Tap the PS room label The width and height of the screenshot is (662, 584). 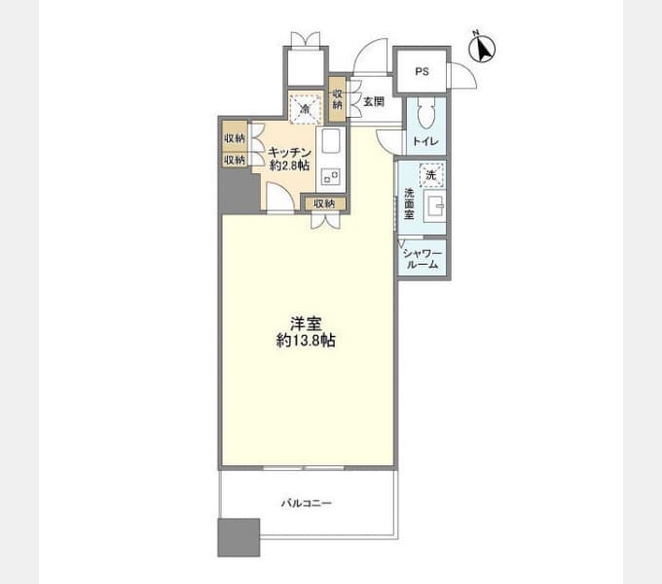coord(422,71)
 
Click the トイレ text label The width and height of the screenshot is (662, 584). coord(425,141)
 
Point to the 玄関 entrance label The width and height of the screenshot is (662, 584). coord(374,101)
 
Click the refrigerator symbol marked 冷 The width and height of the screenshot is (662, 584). coord(305,108)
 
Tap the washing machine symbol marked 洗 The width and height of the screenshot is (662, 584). coord(431,174)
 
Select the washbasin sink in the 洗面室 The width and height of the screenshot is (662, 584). coord(434,206)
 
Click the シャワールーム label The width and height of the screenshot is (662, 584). coord(423,259)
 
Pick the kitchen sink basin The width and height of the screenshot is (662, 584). coord(331,141)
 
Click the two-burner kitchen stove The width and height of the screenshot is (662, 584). coord(331,176)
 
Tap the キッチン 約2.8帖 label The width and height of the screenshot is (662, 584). coord(290,159)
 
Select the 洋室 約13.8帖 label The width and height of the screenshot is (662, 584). coord(306,332)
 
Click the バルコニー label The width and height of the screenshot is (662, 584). coord(307,503)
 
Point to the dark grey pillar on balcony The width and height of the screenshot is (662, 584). coord(239,537)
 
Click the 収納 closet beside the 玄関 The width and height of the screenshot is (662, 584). coord(338,98)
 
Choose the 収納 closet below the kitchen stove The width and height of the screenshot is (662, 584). coord(324,203)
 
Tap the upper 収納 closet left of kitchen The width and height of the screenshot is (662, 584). coord(235,137)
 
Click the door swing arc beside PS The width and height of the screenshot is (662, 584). coord(463,76)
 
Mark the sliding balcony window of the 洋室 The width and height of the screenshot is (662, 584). coord(304,468)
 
